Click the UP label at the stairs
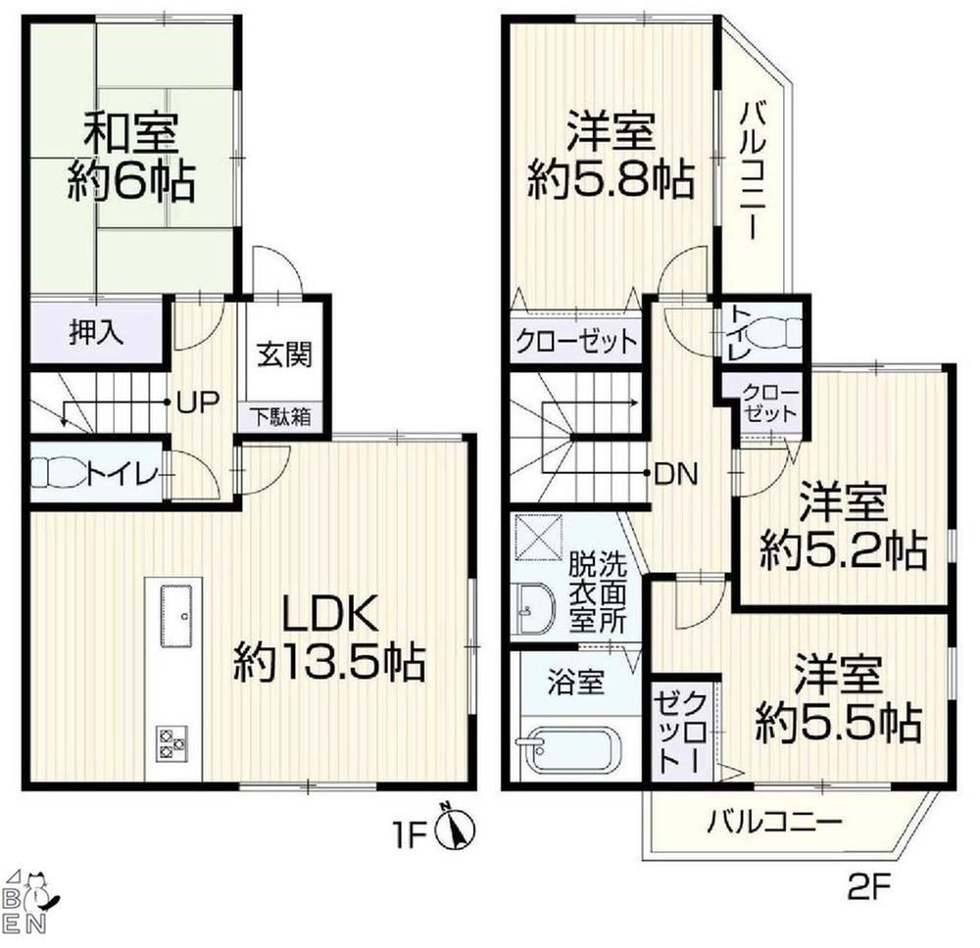[197, 403]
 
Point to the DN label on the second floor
[675, 476]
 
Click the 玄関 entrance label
[284, 355]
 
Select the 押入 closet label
[96, 334]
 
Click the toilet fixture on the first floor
[61, 472]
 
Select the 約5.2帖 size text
[843, 549]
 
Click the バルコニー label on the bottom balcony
[774, 821]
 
